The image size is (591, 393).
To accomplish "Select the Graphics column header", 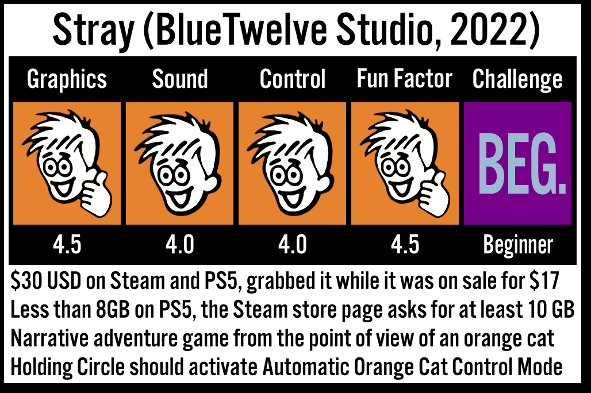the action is [67, 79].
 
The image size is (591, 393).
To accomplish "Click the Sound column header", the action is [180, 79].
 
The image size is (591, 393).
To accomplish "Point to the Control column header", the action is [293, 79].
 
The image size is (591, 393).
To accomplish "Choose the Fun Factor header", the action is [404, 79].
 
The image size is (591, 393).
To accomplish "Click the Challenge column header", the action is [517, 79].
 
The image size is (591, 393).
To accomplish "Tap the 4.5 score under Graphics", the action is [67, 245].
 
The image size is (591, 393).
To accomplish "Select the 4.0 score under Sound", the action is [180, 245].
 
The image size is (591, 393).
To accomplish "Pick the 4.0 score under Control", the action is [293, 245].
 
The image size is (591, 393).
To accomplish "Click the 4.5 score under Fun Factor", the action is [405, 245].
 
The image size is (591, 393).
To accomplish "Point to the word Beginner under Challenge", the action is [518, 245].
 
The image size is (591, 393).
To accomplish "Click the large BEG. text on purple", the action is [522, 163].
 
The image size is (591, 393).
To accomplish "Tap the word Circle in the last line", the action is [101, 367].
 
